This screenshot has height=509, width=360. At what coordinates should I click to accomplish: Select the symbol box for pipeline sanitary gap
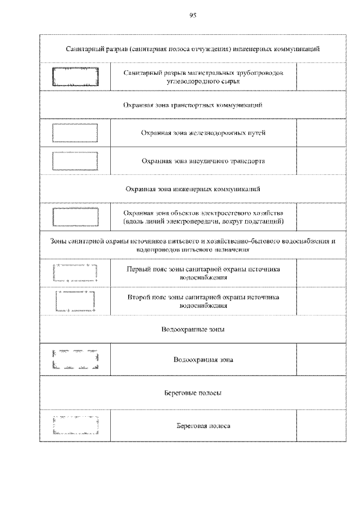[x=75, y=76]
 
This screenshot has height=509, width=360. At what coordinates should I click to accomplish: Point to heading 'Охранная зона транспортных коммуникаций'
[x=192, y=105]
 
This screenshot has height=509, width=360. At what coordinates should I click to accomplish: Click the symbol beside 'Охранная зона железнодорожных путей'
[x=75, y=133]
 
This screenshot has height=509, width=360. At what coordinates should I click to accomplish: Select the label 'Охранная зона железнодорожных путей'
[x=203, y=133]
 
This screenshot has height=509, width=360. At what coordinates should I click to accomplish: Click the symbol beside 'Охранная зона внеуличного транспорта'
[x=75, y=161]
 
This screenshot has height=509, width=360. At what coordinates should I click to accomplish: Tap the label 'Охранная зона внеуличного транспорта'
[x=203, y=161]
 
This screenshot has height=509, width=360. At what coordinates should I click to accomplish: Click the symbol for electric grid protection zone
[x=75, y=217]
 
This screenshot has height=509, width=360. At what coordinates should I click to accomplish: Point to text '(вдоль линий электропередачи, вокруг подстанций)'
[x=203, y=222]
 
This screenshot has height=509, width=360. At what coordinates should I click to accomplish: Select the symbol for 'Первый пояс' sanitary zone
[x=75, y=273]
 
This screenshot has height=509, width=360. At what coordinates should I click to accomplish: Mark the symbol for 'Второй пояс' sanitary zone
[x=75, y=301]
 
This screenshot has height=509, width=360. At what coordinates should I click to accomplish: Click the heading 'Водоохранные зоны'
[x=192, y=330]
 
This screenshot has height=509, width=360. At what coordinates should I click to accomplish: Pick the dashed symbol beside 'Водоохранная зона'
[x=75, y=359]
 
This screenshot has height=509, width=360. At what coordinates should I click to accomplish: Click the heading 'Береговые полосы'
[x=192, y=393]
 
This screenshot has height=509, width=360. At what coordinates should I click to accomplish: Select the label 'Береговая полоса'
[x=203, y=426]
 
